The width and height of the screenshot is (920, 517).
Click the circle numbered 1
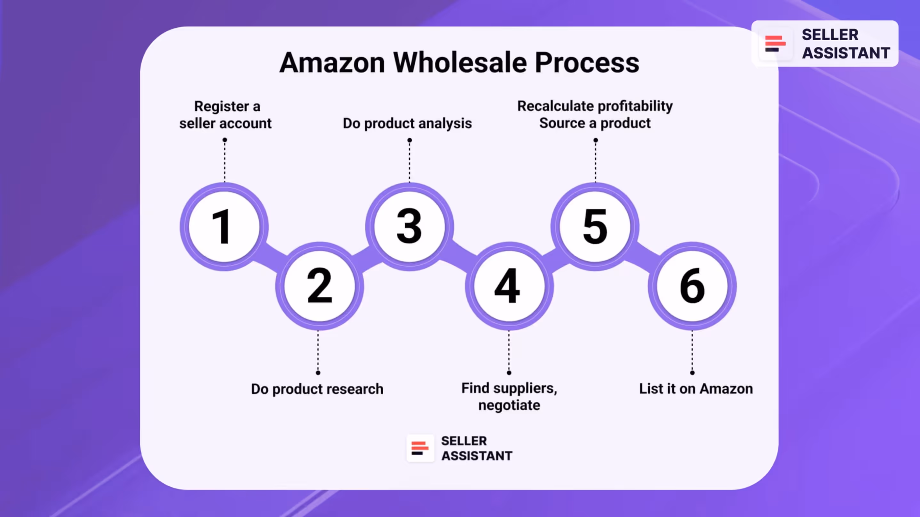[x=224, y=227]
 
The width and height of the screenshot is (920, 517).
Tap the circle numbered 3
[x=409, y=227]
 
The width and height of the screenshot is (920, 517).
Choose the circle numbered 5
[x=595, y=227]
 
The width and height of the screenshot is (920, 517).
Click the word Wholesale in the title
[x=460, y=63]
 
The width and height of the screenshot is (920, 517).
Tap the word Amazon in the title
[x=332, y=63]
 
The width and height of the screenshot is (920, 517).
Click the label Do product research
[x=317, y=389]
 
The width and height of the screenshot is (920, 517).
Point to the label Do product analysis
[x=407, y=123]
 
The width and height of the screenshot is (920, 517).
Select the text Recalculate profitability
[x=595, y=106]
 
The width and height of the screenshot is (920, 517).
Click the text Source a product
[x=595, y=123]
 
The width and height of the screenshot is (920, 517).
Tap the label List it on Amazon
[x=696, y=389]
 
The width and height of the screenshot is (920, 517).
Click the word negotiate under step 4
[x=509, y=405]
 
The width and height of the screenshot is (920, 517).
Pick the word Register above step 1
[x=221, y=106]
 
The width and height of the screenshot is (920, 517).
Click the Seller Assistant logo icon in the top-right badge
[x=775, y=44]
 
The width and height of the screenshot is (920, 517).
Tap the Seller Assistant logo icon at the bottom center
[x=420, y=448]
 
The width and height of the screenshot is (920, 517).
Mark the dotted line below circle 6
[x=692, y=352]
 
